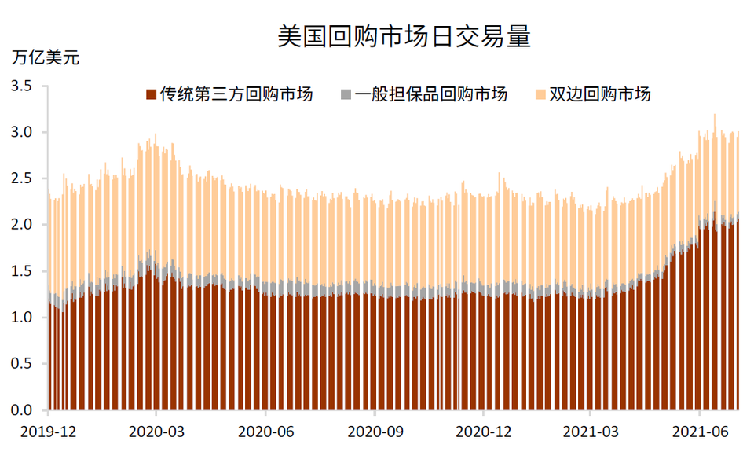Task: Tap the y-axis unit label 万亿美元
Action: (45, 57)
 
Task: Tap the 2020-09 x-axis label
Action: (374, 432)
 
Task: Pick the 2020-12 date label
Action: (483, 432)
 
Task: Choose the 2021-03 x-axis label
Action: (591, 432)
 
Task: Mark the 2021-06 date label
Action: (699, 432)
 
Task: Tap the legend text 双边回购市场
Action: (600, 95)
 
